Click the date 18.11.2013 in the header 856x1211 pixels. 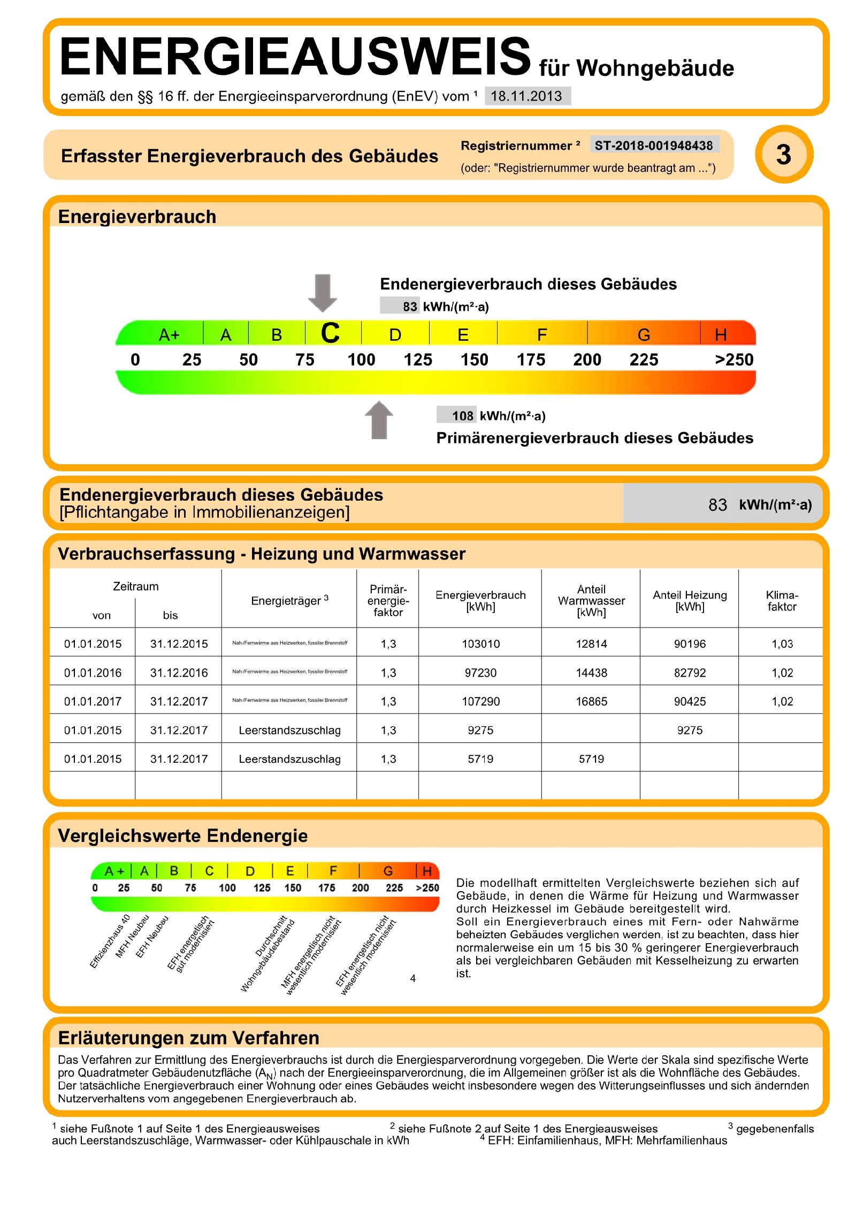(x=526, y=96)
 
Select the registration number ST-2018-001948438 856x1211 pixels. (x=653, y=145)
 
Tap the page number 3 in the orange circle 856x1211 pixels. (x=783, y=155)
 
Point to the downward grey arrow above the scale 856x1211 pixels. (x=322, y=293)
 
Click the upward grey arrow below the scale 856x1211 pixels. (x=379, y=420)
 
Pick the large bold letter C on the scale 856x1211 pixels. (x=330, y=334)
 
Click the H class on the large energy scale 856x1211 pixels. (x=721, y=335)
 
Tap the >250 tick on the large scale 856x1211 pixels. (x=734, y=359)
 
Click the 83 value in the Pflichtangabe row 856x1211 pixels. (x=717, y=504)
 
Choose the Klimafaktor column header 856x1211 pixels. (x=782, y=601)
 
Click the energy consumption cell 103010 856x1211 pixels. (x=480, y=644)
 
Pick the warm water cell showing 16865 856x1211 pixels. (x=591, y=701)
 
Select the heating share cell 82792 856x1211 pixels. (x=690, y=673)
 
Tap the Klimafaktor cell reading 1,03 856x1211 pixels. (x=782, y=644)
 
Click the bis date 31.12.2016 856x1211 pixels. (x=179, y=673)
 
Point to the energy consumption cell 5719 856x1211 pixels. (x=480, y=759)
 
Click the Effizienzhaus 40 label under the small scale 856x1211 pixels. (x=110, y=941)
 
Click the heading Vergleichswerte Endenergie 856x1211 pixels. (x=182, y=836)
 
